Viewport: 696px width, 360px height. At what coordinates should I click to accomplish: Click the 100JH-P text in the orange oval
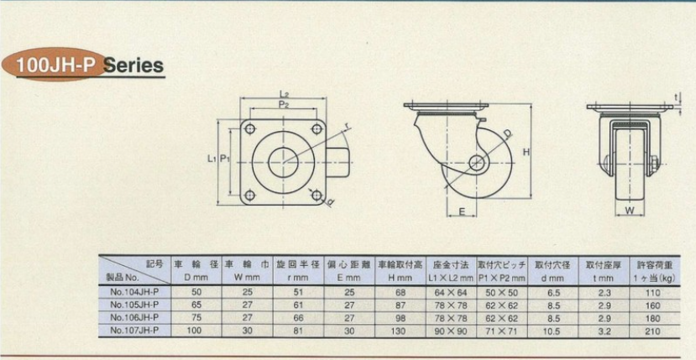56,66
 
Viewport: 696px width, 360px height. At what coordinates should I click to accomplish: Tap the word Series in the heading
133,65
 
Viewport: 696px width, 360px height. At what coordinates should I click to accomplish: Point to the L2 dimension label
285,94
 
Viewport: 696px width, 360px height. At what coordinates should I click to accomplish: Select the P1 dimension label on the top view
225,159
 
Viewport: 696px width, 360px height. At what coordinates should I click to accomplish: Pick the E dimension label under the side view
462,212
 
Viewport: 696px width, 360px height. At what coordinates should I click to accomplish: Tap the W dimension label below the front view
630,211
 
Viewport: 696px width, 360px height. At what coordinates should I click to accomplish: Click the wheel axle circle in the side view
477,163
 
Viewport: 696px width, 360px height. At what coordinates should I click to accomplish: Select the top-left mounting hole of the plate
249,129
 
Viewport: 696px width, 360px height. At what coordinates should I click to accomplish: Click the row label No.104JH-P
133,293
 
